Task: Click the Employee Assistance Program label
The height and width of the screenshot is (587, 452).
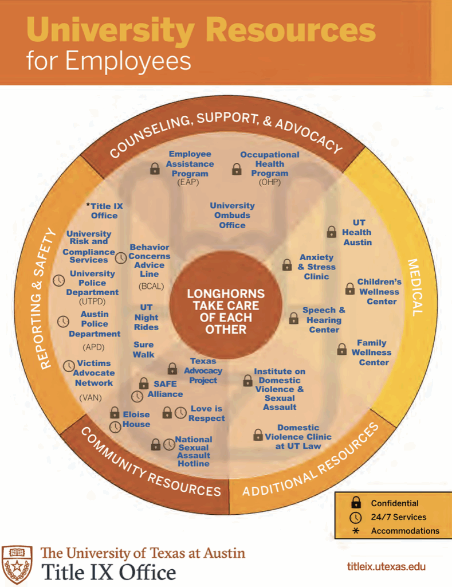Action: click(190, 164)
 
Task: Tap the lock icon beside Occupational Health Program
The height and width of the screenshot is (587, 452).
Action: click(236, 169)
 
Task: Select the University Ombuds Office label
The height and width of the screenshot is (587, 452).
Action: click(232, 215)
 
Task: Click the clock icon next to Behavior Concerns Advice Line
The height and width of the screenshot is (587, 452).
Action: click(121, 258)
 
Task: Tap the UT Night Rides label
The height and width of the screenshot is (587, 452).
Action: click(146, 317)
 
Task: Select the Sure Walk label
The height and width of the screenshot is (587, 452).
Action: click(143, 350)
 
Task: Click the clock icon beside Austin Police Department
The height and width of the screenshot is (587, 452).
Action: click(64, 322)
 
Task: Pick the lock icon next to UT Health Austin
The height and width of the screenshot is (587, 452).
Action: click(331, 232)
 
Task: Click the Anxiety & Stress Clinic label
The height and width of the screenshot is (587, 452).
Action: click(317, 267)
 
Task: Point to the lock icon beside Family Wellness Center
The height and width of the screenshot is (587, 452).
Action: click(341, 349)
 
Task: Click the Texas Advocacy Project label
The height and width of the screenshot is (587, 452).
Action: click(203, 370)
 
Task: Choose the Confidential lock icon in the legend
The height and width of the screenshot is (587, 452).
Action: click(356, 503)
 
